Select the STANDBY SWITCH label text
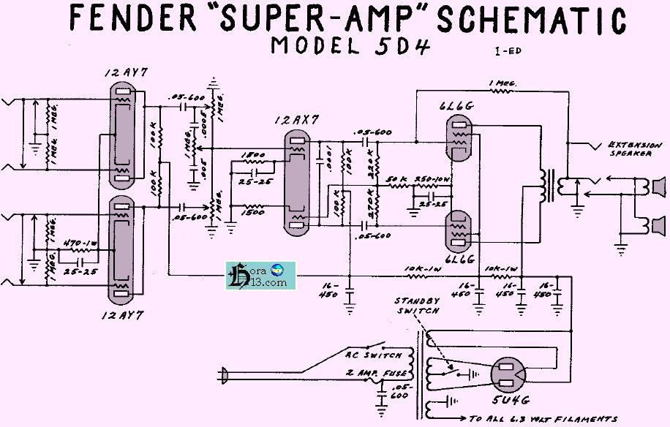pyautogui.click(x=418, y=306)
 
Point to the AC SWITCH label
pyautogui.click(x=373, y=355)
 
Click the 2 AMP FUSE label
pyautogui.click(x=374, y=374)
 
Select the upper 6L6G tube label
pyautogui.click(x=459, y=106)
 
